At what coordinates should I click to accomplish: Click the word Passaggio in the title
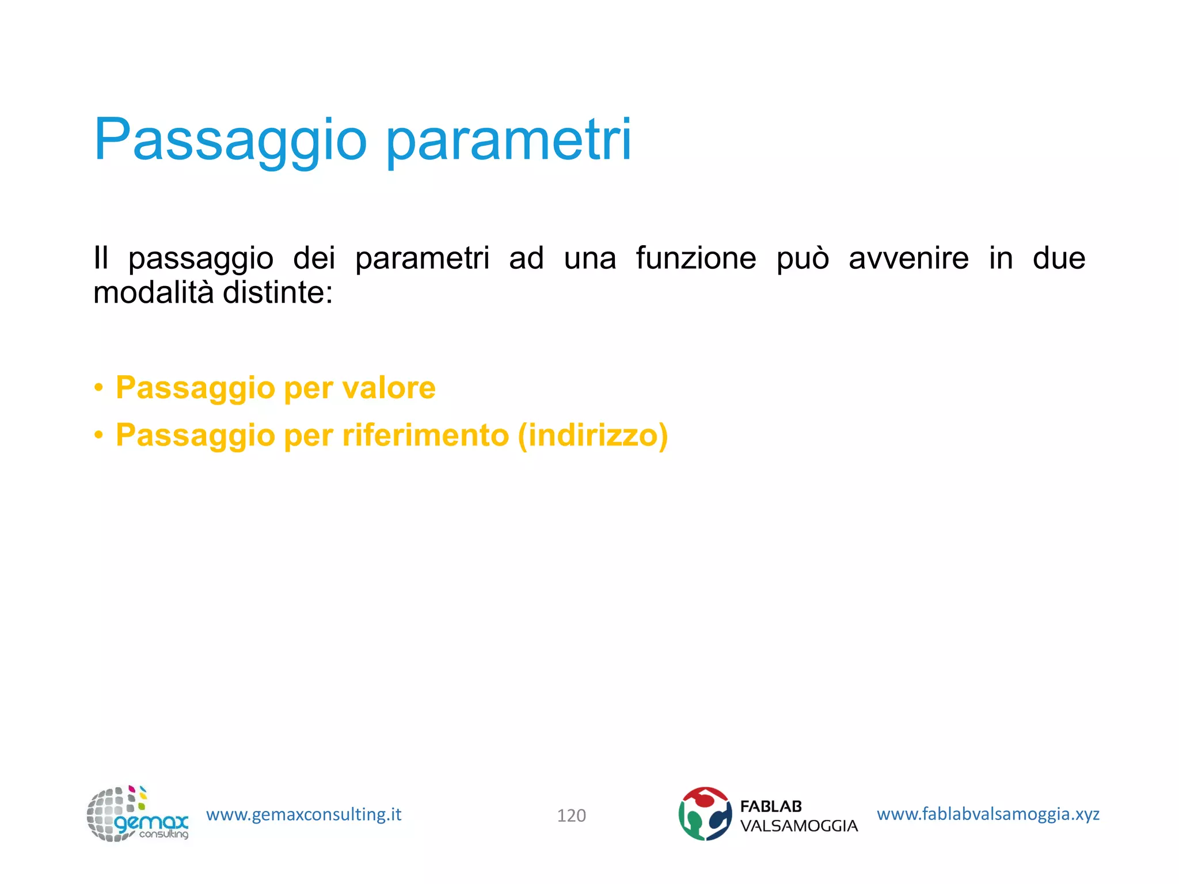coord(230,140)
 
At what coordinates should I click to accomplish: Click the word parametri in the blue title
coord(508,140)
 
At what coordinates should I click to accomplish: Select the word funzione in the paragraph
coord(696,258)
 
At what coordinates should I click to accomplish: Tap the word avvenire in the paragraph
coord(908,258)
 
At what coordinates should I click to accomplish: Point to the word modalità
coord(154,292)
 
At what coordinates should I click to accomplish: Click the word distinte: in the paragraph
coord(277,292)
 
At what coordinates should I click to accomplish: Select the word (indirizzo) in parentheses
coord(592,435)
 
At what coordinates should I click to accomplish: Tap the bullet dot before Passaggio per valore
coord(99,388)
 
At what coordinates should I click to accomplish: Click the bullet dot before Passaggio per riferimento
coord(99,436)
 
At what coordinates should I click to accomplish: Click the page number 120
coord(571,816)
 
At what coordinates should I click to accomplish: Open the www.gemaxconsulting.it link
coord(303,814)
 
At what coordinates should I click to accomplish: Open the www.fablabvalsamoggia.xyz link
coord(988,814)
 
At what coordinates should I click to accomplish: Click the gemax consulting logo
coord(137,814)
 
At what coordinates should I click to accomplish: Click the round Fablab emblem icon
coord(705,814)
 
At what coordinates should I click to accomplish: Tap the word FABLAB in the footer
coord(770,806)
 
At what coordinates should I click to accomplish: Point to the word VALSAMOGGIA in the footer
coord(798,826)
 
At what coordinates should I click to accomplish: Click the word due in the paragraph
coord(1059,258)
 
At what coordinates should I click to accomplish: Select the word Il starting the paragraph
coord(101,258)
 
